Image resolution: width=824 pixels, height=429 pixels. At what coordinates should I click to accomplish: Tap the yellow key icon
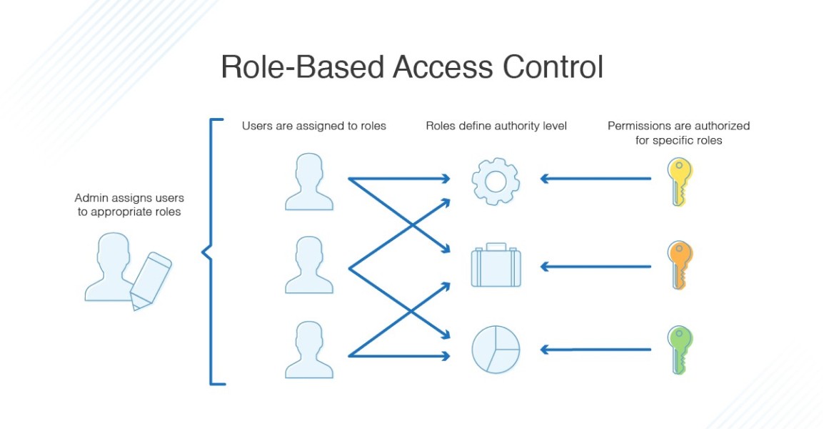click(679, 182)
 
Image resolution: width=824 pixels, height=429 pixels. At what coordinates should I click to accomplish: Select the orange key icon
click(679, 265)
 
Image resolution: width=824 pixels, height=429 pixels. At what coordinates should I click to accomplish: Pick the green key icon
click(679, 350)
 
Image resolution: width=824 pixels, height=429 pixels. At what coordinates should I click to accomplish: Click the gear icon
click(495, 182)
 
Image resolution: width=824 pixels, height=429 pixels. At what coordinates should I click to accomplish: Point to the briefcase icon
click(496, 266)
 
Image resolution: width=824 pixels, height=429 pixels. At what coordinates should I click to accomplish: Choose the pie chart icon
click(496, 350)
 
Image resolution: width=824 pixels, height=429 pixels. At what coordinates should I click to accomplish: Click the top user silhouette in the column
click(308, 183)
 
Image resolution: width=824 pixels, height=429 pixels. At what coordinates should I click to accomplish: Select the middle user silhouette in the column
click(308, 266)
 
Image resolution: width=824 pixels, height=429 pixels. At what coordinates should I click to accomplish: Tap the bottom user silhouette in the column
click(308, 350)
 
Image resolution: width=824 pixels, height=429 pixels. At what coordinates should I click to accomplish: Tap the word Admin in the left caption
click(90, 198)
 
